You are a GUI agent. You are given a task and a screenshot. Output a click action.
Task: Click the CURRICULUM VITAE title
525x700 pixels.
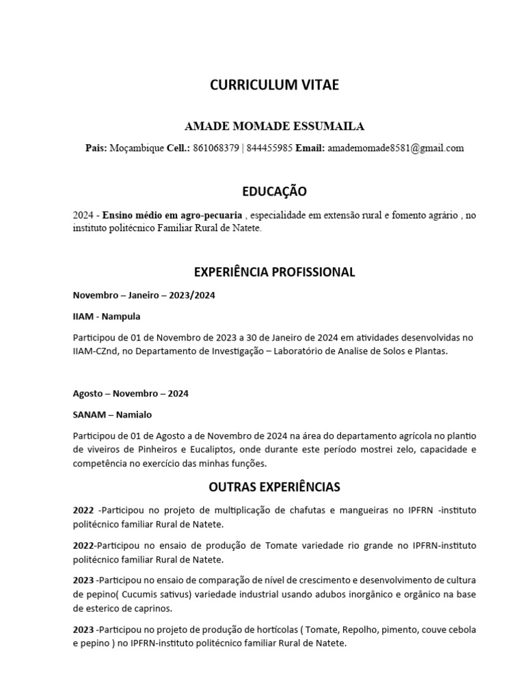[274, 85]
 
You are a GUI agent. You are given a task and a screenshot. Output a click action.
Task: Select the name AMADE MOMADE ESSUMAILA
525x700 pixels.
[275, 126]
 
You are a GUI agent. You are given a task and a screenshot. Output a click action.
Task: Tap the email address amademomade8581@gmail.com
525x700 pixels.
[396, 148]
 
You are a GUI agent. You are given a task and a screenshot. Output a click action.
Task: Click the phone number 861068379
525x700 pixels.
[216, 148]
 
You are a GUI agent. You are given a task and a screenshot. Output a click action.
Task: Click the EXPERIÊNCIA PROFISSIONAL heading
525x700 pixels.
[274, 272]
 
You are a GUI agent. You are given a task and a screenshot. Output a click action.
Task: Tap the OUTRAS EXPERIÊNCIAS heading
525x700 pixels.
[274, 487]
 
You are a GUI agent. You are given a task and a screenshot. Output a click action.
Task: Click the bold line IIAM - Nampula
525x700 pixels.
[107, 317]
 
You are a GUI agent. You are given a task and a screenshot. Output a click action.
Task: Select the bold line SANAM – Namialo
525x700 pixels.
[113, 415]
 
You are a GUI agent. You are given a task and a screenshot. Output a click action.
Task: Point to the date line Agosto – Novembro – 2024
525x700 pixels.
[131, 394]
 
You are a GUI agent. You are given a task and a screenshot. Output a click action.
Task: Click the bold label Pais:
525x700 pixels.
[96, 148]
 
